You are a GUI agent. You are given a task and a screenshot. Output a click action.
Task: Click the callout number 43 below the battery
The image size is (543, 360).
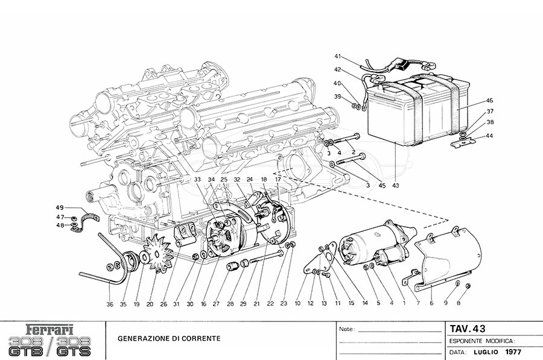[396, 185]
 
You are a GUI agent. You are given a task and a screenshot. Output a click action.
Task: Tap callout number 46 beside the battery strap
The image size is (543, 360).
[489, 101]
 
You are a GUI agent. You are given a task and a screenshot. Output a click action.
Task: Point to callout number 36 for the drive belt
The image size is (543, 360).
[110, 304]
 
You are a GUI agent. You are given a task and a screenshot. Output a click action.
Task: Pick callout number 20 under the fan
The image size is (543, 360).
[150, 304]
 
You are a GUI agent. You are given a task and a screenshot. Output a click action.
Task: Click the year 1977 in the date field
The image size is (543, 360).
[513, 352]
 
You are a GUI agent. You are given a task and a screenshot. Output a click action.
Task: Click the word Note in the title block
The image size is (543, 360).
[346, 330]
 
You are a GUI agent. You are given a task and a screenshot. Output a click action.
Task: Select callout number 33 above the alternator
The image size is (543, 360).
[197, 180]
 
